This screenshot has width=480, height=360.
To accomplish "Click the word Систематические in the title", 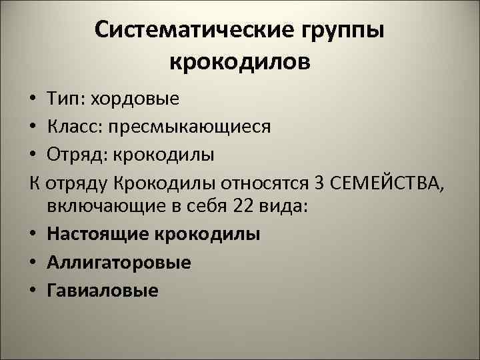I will pos(181,31).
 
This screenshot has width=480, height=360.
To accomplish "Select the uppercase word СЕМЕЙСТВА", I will pos(388,182).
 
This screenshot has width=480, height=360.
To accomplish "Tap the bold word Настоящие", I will pos(98,235).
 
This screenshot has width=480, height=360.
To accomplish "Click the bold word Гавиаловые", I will pos(103,290).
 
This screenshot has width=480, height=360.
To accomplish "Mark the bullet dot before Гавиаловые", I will pos(33,291).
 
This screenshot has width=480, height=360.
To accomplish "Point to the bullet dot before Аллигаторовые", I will pos(33,263).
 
